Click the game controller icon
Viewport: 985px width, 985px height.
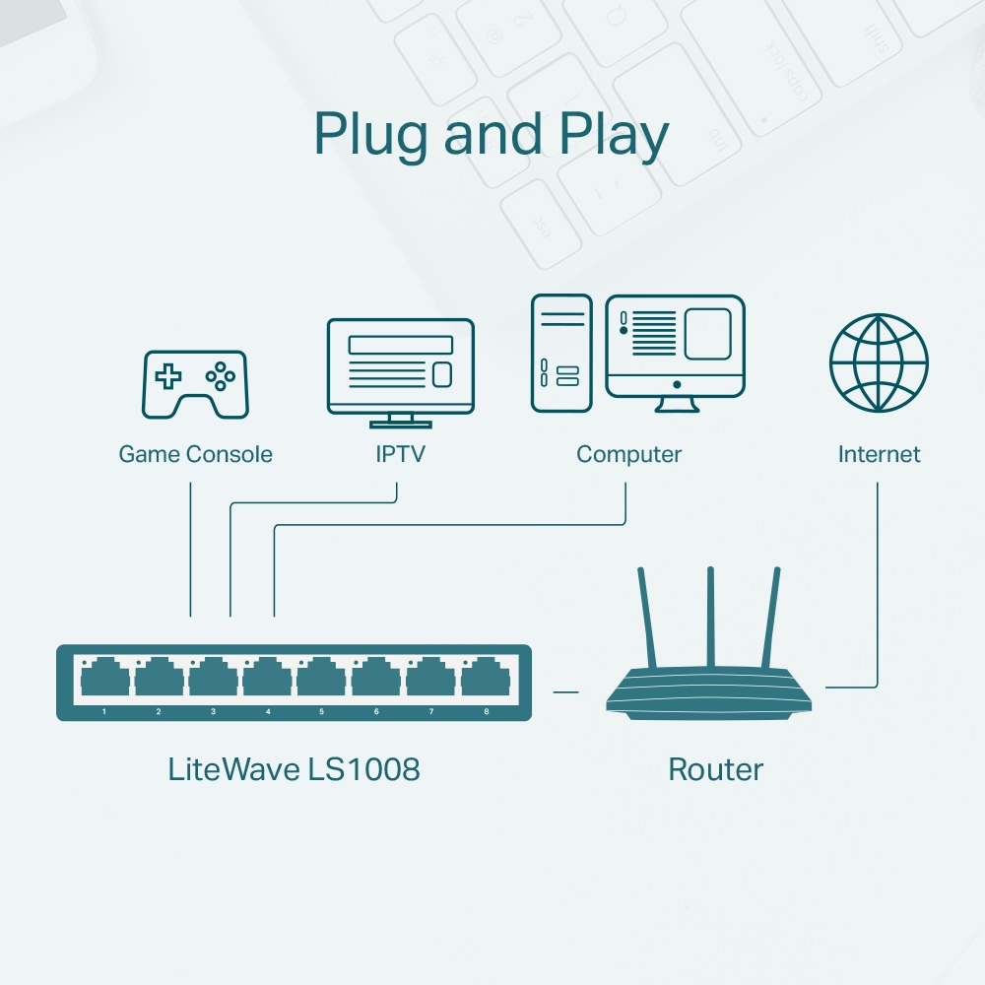(x=196, y=384)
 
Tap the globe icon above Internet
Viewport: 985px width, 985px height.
(x=878, y=362)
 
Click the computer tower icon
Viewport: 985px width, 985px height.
(x=561, y=353)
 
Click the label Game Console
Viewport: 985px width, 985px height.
(x=195, y=454)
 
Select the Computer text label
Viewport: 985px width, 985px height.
(x=628, y=454)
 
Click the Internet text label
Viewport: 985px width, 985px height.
(x=879, y=454)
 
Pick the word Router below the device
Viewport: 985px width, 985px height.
(x=715, y=769)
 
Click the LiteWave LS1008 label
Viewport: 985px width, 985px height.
(x=294, y=769)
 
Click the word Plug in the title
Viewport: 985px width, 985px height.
(x=373, y=135)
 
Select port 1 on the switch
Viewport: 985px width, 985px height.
(x=104, y=680)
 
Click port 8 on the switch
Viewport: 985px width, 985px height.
(x=485, y=680)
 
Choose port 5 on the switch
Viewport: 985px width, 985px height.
(x=321, y=680)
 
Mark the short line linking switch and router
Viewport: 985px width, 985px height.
(x=565, y=691)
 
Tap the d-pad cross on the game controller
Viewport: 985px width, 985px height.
(x=169, y=375)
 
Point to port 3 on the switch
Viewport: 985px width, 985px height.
(x=213, y=680)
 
